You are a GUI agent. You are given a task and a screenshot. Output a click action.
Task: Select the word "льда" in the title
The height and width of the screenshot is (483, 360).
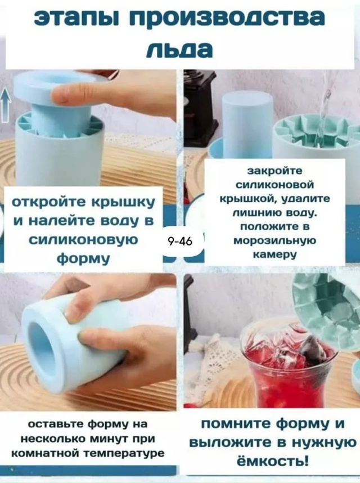tap(179, 50)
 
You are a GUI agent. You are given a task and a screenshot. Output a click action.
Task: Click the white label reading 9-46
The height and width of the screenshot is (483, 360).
tap(180, 241)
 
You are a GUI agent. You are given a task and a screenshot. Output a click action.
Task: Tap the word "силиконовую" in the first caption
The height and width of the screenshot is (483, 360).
tap(83, 240)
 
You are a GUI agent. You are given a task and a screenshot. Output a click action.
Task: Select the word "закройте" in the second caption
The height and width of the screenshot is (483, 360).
tap(274, 171)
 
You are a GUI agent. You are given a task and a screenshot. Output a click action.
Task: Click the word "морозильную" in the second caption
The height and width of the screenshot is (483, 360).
tap(274, 240)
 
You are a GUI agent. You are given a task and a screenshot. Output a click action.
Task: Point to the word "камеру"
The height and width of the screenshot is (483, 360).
tap(274, 254)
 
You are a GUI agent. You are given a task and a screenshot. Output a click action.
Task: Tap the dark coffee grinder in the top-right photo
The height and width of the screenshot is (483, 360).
tap(199, 107)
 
